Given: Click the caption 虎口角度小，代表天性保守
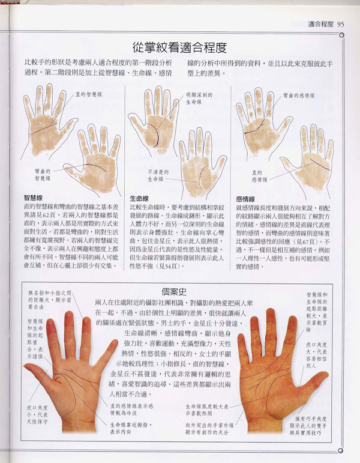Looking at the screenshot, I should [x=37, y=408].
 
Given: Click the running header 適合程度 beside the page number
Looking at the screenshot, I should [x=320, y=24].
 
